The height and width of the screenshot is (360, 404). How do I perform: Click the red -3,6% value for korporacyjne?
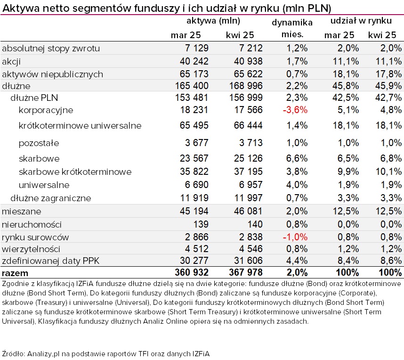coord(295,110)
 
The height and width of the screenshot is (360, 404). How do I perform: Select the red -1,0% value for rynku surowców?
coord(295,237)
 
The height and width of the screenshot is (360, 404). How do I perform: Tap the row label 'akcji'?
coord(11,62)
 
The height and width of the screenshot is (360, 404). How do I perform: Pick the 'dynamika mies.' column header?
coord(292,28)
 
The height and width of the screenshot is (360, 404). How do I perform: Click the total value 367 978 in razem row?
coord(245,272)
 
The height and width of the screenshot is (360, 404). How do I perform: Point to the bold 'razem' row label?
coord(15,273)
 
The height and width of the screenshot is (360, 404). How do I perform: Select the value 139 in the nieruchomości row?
coord(201,224)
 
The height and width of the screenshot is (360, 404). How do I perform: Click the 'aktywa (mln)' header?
coord(213,21)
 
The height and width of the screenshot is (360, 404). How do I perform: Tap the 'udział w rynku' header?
coord(361,21)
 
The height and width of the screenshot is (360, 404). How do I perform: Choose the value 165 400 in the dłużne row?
coord(192,86)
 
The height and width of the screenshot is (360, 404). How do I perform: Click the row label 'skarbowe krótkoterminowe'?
coord(75,172)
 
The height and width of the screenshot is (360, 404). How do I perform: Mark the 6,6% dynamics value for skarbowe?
coord(297,158)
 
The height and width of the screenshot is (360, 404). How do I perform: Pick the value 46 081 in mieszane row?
coord(248,211)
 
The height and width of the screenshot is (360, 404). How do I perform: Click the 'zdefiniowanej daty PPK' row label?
coord(50,261)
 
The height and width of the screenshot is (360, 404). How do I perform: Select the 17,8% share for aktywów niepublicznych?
coord(388,74)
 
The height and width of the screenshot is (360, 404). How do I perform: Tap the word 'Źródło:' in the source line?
coord(13,353)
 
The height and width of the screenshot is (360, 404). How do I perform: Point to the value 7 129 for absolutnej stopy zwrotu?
coord(197,48)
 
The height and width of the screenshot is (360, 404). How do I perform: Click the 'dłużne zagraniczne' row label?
coord(51,198)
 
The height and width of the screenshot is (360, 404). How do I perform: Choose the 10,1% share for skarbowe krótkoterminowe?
coord(388,172)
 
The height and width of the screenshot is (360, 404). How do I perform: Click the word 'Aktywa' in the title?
coord(21,8)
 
